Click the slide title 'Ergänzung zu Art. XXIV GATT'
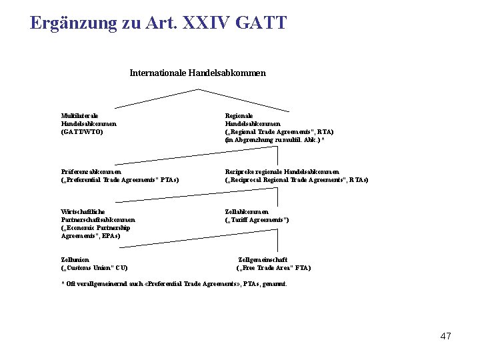(x=159, y=23)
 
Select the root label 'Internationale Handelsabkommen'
(x=197, y=73)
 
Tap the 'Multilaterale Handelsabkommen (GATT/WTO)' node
(x=89, y=123)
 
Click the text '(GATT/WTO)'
(x=82, y=132)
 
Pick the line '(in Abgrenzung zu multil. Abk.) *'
(x=275, y=140)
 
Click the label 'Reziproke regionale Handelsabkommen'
(x=282, y=172)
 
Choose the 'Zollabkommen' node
(x=247, y=212)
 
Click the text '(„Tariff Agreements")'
(x=257, y=220)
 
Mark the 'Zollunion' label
(x=75, y=260)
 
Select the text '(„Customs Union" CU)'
(x=94, y=268)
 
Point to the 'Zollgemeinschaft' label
(x=263, y=260)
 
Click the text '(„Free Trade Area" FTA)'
(x=273, y=268)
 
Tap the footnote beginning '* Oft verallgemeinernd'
(x=174, y=284)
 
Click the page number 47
(x=445, y=336)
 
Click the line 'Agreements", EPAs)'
(x=91, y=236)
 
